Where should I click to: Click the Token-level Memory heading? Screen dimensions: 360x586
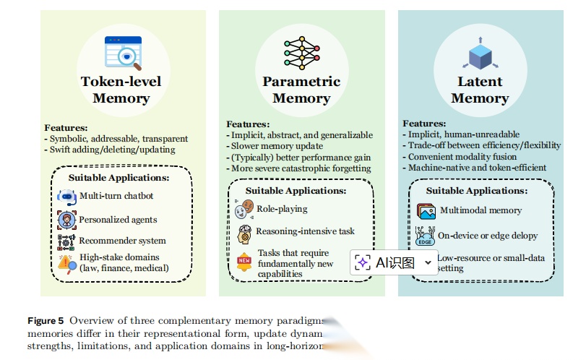121,90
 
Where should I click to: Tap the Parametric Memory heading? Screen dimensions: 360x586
301,90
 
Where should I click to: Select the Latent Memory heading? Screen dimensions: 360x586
480,90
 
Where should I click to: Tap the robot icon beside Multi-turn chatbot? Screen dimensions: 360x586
67,196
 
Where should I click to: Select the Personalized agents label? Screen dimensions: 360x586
118,218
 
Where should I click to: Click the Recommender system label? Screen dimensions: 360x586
123,240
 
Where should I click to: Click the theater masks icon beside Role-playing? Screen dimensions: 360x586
244,210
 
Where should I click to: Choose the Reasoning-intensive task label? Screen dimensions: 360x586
305,231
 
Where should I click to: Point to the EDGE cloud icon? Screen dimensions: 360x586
425,236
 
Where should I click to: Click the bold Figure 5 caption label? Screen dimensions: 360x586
46,320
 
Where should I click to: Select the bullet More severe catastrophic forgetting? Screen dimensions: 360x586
301,168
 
